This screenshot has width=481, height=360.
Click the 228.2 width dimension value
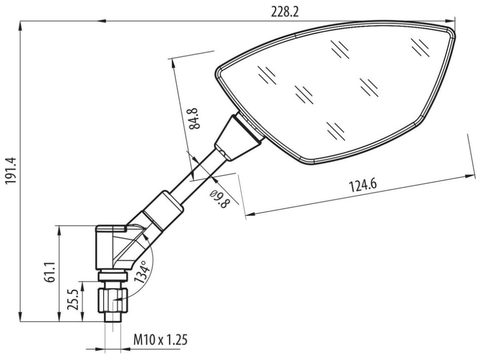tap(285, 12)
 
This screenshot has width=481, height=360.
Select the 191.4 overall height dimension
tap(11, 171)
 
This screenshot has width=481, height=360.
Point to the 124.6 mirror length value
tap(363, 185)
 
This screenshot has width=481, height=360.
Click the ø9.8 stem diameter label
tap(220, 199)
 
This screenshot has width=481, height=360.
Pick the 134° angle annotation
tap(142, 272)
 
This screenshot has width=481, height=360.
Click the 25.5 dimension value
tap(74, 300)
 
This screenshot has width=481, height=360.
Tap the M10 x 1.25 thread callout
tap(160, 340)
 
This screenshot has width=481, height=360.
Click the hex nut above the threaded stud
tap(113, 300)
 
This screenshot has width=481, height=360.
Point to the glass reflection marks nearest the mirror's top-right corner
tap(420, 48)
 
